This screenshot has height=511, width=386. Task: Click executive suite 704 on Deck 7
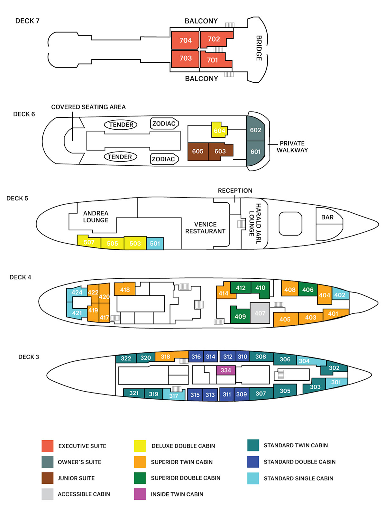click(185, 40)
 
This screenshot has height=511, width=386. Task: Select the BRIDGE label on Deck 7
click(259, 48)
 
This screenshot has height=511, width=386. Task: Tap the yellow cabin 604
click(219, 130)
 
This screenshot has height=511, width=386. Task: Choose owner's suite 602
click(255, 130)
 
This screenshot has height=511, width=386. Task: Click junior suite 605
click(198, 151)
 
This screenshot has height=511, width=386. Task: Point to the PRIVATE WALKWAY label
click(292, 147)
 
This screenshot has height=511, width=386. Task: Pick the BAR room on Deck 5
click(327, 218)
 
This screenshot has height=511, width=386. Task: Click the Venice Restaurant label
click(205, 228)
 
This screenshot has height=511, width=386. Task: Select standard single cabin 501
click(155, 244)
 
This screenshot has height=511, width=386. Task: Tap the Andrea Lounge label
click(96, 217)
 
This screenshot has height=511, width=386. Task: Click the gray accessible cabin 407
click(260, 313)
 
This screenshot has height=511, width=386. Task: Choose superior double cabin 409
click(240, 316)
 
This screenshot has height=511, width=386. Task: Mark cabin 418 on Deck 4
click(125, 290)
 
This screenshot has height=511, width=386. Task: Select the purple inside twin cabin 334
click(225, 370)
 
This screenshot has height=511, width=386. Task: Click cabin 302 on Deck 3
click(334, 368)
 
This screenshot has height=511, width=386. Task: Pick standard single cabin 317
click(174, 395)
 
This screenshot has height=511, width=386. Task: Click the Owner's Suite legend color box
click(48, 462)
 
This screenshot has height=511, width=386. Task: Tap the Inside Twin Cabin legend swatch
click(140, 494)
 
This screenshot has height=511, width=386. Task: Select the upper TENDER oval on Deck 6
click(121, 125)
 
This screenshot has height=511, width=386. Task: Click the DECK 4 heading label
click(20, 277)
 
